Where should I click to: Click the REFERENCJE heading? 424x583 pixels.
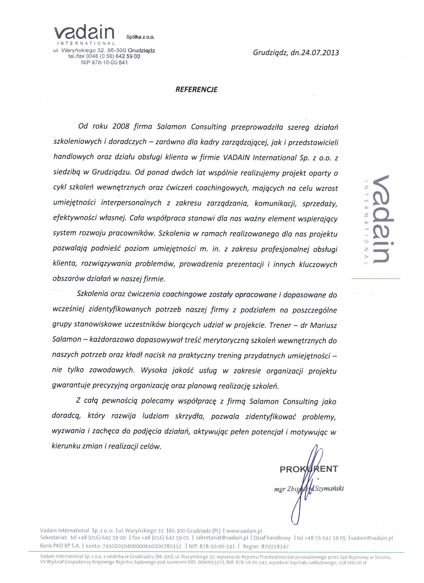[x=196, y=89]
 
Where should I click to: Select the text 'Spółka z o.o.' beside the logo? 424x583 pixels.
[x=140, y=37]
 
